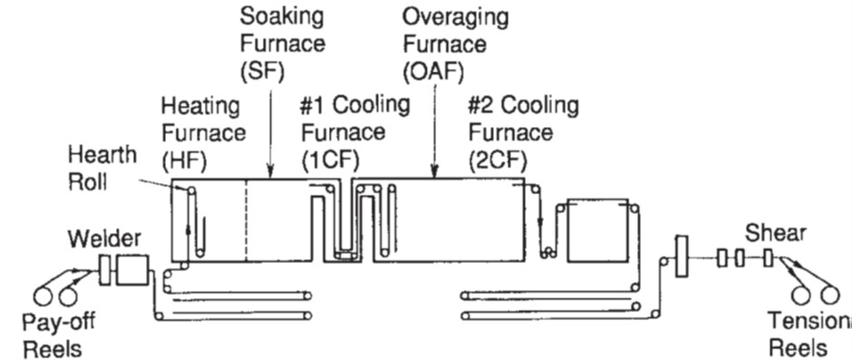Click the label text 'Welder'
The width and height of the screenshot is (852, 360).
pyautogui.click(x=104, y=238)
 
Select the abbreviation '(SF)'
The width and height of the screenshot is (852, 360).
pyautogui.click(x=263, y=72)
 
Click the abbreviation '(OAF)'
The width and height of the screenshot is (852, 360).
pyautogui.click(x=433, y=72)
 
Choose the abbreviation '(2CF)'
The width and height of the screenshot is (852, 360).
pyautogui.click(x=498, y=160)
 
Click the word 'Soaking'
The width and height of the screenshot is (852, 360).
pyautogui.click(x=282, y=17)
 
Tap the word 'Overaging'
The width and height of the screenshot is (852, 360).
pyautogui.click(x=455, y=18)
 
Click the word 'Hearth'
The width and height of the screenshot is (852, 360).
pyautogui.click(x=102, y=156)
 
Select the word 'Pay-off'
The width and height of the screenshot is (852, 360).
pyautogui.click(x=59, y=323)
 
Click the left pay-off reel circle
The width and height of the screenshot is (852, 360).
pyautogui.click(x=43, y=297)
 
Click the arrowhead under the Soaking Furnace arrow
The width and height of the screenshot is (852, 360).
pyautogui.click(x=271, y=172)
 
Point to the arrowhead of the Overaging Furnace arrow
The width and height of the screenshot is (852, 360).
pyautogui.click(x=434, y=172)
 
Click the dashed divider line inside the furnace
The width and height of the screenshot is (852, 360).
pyautogui.click(x=246, y=220)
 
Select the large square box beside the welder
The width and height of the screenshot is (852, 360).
pyautogui.click(x=132, y=269)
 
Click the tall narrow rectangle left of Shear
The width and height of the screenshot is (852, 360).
pyautogui.click(x=682, y=257)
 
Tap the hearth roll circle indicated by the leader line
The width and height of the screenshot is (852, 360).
pyautogui.click(x=190, y=190)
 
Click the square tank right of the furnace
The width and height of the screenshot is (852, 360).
pyautogui.click(x=597, y=230)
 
